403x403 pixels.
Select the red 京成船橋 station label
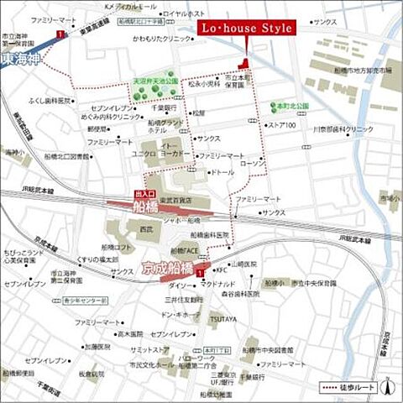(x=168, y=269)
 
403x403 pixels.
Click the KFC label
(x=222, y=270)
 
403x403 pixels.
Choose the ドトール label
(x=222, y=172)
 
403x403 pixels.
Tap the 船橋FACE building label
(x=190, y=250)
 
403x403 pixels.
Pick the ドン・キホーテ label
(x=181, y=314)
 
